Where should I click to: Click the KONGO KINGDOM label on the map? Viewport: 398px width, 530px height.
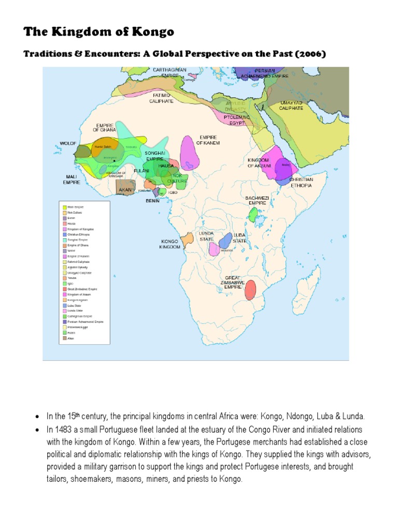pos(170,244)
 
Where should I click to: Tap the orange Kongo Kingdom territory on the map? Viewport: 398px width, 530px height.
pos(187,240)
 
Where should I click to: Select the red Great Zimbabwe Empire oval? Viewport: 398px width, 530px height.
pos(250,289)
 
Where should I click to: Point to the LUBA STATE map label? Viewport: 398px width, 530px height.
pos(239,238)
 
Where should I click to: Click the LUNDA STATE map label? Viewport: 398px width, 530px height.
pos(206,236)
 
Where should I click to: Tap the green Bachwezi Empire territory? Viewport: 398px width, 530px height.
pos(253,214)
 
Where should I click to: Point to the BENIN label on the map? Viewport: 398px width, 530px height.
pos(153,200)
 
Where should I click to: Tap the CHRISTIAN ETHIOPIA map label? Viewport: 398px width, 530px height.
pos(301,182)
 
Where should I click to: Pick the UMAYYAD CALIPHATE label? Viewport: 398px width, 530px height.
pos(291,106)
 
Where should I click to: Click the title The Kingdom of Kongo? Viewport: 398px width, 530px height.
pos(98,32)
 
